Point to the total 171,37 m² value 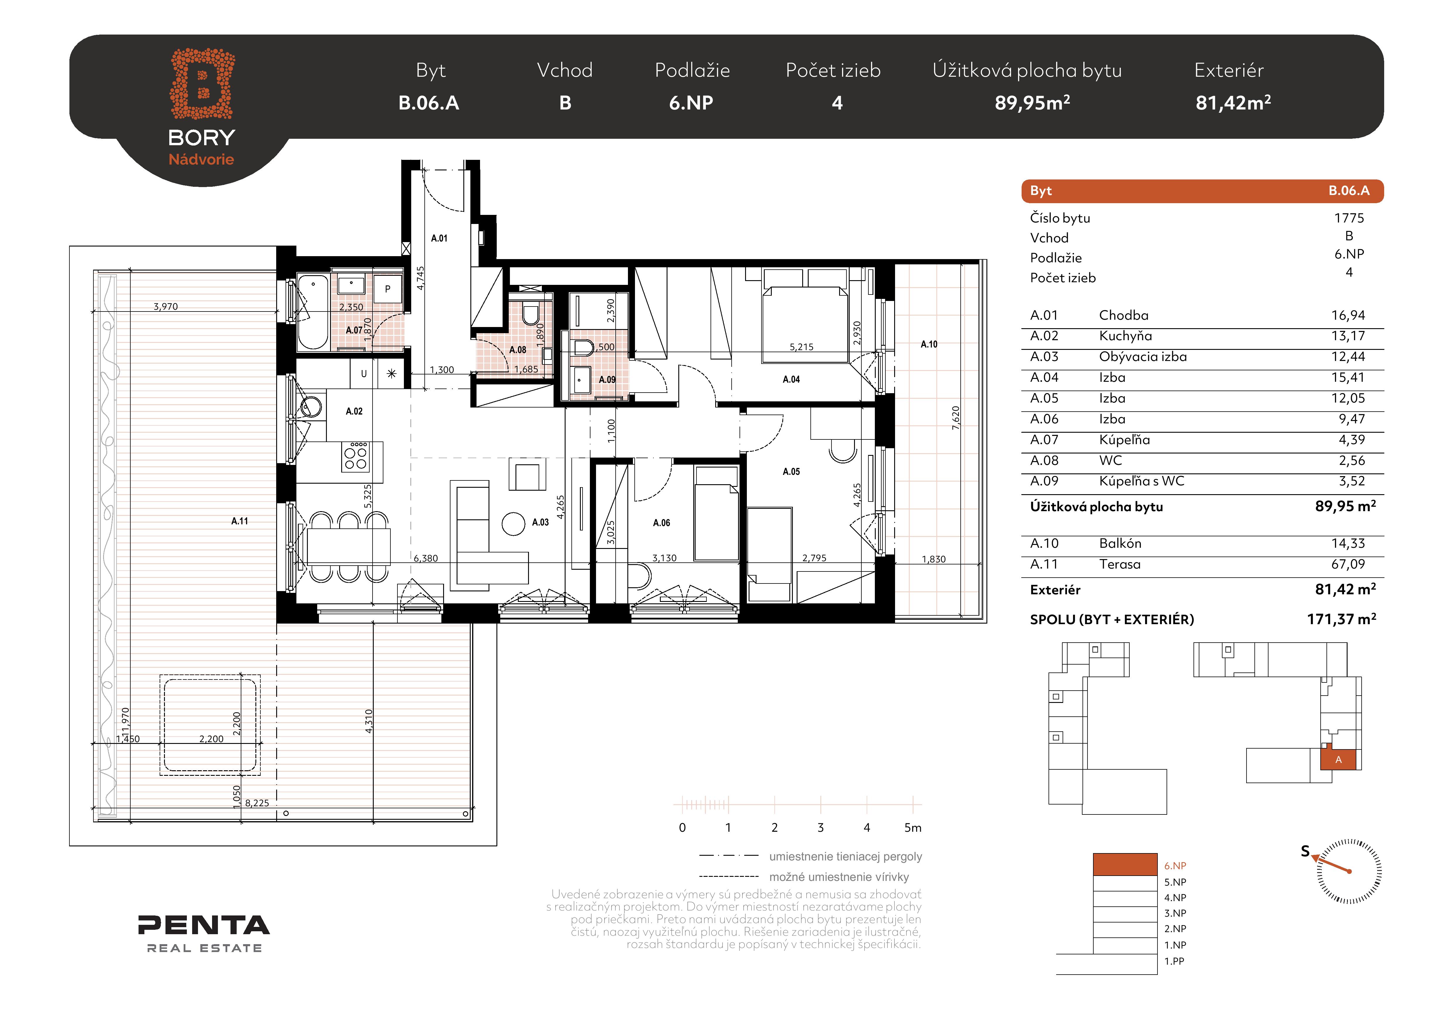pyautogui.click(x=1342, y=619)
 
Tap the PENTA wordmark pyautogui.click(x=204, y=925)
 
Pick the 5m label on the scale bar pyautogui.click(x=913, y=827)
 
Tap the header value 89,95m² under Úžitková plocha pyautogui.click(x=1032, y=102)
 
